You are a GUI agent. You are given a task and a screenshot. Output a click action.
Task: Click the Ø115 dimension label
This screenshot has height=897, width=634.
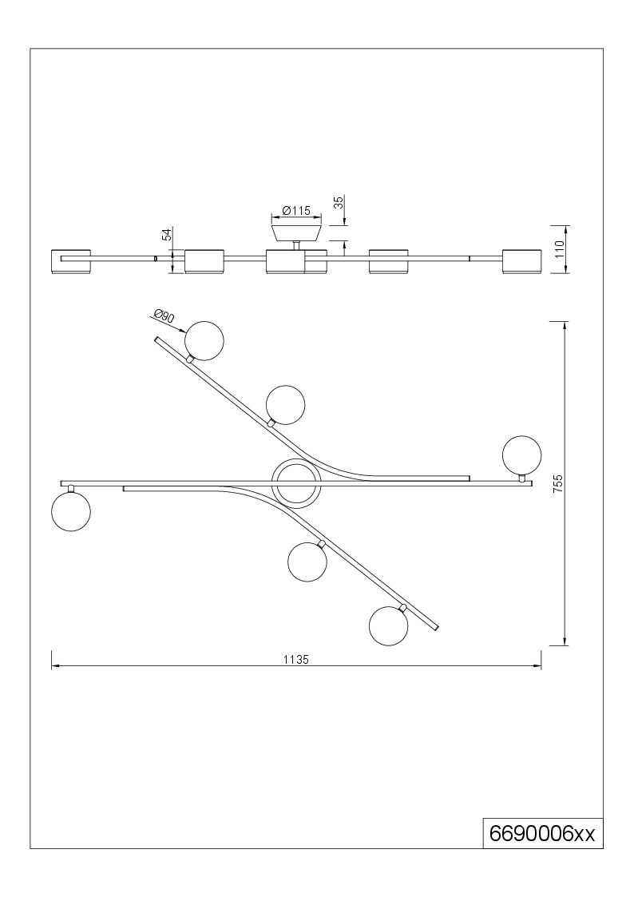(296, 211)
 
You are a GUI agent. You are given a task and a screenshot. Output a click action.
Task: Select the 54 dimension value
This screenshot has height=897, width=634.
(167, 235)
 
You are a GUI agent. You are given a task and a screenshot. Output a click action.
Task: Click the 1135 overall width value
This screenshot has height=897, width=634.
(296, 659)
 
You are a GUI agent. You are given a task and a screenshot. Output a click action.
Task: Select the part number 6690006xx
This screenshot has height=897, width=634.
(542, 834)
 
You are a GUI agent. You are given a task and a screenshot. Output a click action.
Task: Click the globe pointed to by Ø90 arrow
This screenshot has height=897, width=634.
(204, 341)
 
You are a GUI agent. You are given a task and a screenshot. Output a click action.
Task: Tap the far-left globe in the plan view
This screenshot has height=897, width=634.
(71, 512)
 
